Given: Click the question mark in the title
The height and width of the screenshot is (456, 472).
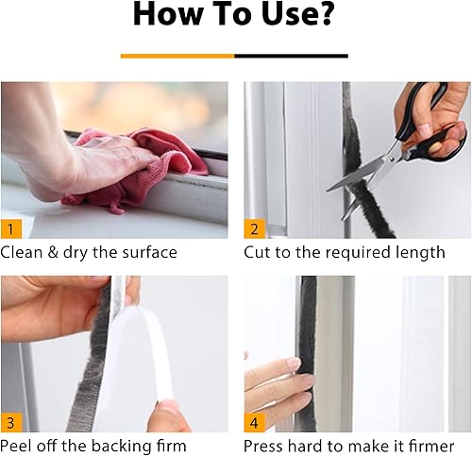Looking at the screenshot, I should [327, 17].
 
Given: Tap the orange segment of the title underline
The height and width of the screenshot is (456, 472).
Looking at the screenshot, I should [177, 56].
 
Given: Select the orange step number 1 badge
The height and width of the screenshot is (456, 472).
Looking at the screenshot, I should [11, 228].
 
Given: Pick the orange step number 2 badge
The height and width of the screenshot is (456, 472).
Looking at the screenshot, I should [254, 228].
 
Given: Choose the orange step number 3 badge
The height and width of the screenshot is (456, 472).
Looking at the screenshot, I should [11, 422].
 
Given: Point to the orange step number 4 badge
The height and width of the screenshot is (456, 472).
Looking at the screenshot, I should [254, 422].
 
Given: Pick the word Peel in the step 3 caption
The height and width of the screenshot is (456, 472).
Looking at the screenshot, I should [18, 446].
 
